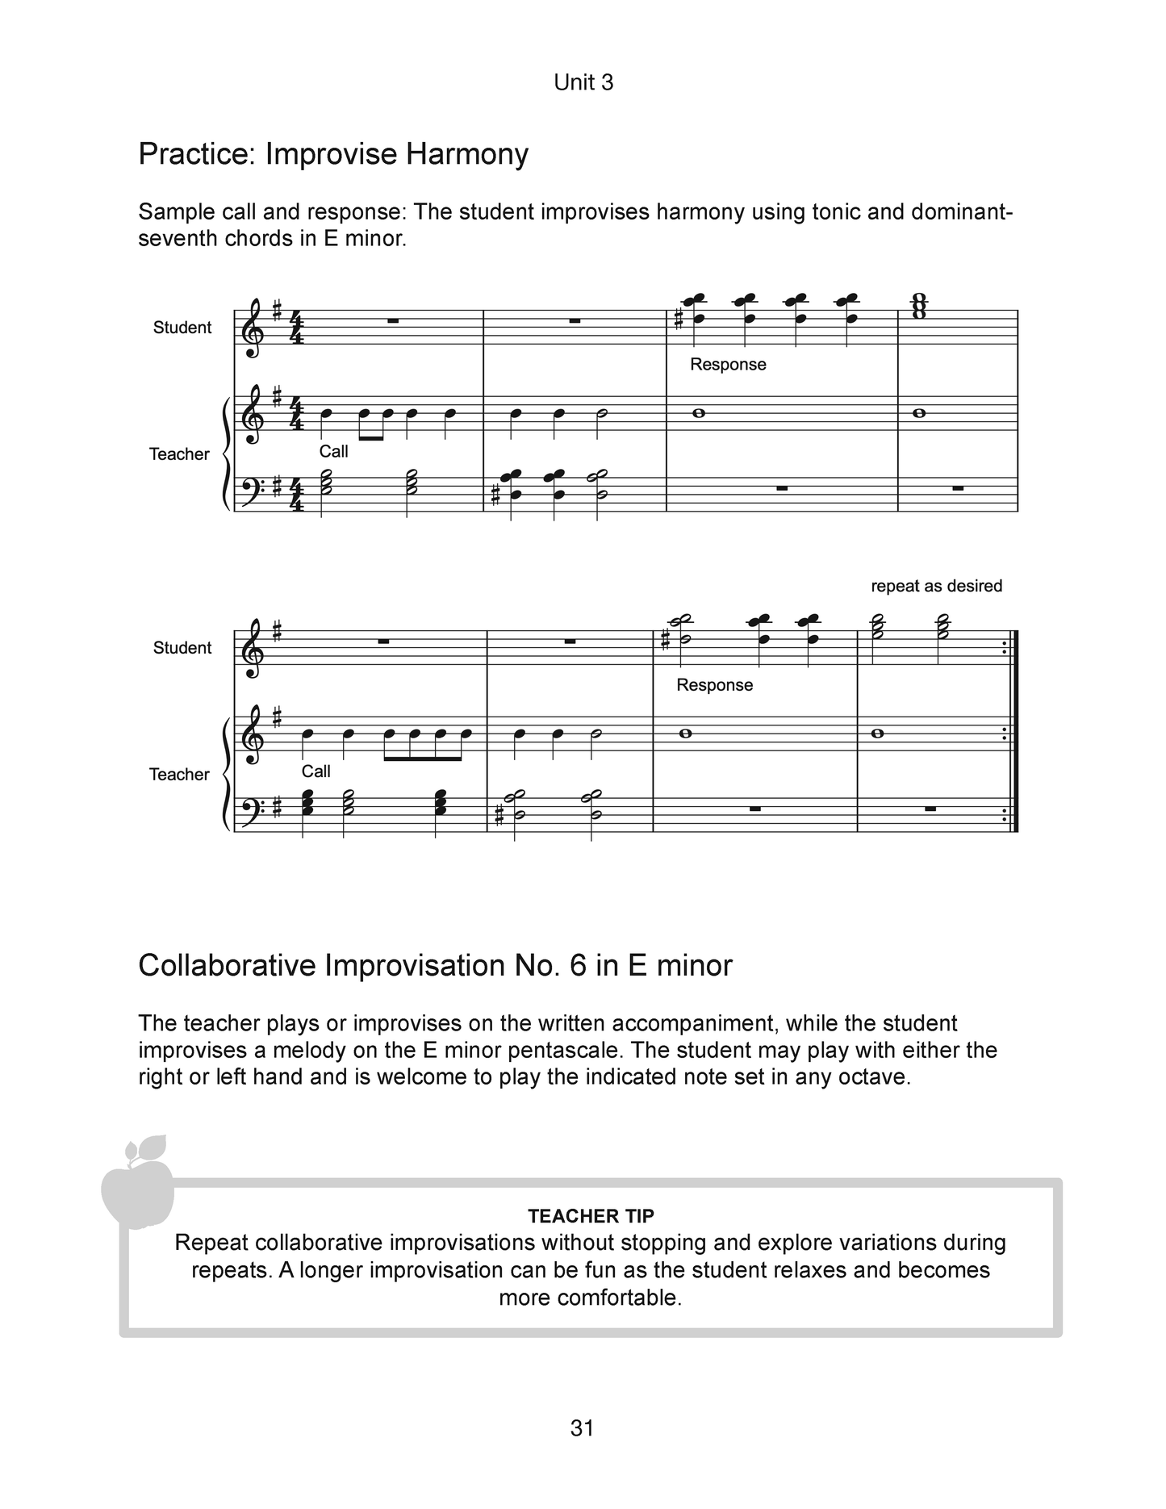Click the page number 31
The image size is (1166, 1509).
click(x=582, y=1427)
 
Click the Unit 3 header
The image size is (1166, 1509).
click(x=583, y=82)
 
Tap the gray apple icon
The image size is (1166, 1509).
click(x=137, y=1181)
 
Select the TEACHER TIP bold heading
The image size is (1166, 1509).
click(x=591, y=1215)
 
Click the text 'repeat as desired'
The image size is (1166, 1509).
click(x=936, y=586)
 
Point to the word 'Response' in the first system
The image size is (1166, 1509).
click(x=728, y=365)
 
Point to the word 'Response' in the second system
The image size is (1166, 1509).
click(x=714, y=685)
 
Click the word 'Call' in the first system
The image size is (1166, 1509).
click(x=333, y=452)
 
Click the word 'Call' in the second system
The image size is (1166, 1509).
click(x=316, y=771)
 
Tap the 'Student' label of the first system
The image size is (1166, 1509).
click(x=182, y=328)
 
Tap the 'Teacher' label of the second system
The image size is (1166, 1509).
click(x=179, y=775)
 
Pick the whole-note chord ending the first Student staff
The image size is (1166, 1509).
click(x=918, y=307)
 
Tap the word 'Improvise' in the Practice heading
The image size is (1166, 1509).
click(x=331, y=153)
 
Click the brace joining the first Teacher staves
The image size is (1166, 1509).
click(x=225, y=454)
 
